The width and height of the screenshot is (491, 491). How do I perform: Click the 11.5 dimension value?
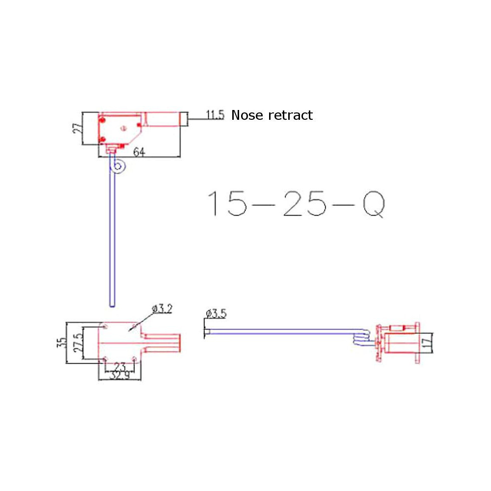pos(215,115)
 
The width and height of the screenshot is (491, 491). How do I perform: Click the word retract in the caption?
pos(291,116)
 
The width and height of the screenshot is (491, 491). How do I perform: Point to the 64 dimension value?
pos(139,153)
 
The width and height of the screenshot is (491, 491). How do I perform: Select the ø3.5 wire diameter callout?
pos(216,313)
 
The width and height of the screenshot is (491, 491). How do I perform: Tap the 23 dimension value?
pos(119,366)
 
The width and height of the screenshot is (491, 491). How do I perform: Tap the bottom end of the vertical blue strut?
pos(113,304)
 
